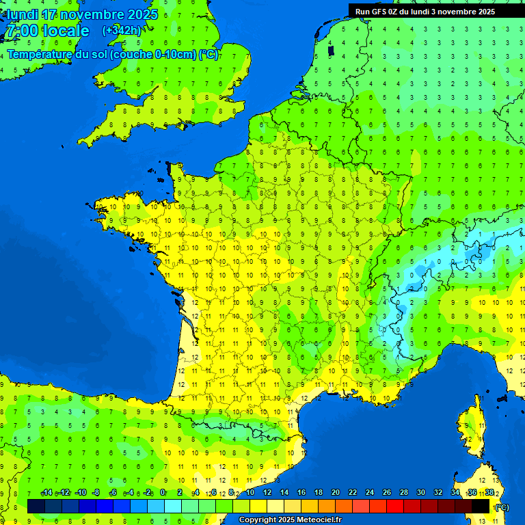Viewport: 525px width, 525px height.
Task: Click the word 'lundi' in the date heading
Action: pos(23,14)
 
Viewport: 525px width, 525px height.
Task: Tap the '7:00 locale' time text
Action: pos(47,31)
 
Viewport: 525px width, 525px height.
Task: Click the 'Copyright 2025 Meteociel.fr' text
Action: pos(290,520)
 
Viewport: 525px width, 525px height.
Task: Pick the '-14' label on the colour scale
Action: pos(46,493)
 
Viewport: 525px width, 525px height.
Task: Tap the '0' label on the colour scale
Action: pos(163,493)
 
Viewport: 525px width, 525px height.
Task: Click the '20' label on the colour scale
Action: pos(335,493)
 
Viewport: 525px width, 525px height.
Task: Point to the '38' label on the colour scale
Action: pos(489,493)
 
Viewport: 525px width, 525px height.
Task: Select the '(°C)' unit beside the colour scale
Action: pos(502,507)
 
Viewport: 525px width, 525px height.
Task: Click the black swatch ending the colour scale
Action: pos(481,506)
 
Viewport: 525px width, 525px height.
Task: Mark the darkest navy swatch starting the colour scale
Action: pos(36,506)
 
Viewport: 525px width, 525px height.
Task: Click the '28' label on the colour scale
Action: pos(403,493)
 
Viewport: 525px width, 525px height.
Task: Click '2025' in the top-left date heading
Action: pos(143,14)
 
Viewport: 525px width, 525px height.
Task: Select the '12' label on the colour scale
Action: pos(267,493)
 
